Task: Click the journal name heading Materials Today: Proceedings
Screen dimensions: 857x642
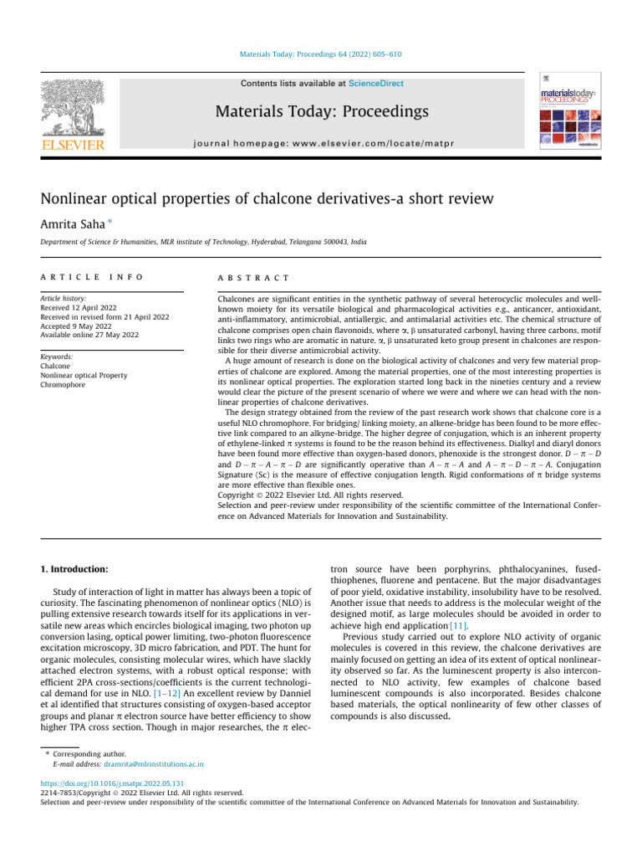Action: (320, 111)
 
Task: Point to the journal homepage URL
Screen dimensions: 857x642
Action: (320, 143)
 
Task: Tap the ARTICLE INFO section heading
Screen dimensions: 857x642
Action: (91, 277)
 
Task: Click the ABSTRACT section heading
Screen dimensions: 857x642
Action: (253, 277)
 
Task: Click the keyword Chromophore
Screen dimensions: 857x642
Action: (63, 385)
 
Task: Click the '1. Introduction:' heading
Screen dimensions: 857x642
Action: (74, 570)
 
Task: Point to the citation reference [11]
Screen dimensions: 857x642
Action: (457, 624)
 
